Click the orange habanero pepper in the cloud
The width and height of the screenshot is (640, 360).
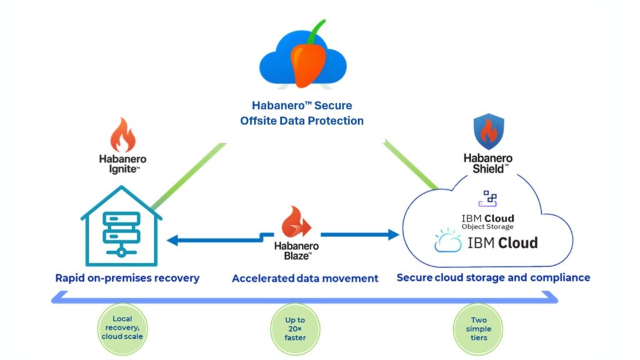click(x=307, y=61)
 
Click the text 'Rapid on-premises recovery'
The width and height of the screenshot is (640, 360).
click(x=127, y=277)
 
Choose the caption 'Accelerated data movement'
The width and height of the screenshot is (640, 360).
click(x=305, y=278)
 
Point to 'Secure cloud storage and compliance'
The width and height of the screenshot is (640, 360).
click(x=494, y=277)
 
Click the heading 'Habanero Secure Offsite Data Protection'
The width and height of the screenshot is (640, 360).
click(x=302, y=113)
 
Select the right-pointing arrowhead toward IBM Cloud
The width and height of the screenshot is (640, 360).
click(x=392, y=235)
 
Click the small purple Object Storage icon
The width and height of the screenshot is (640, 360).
click(x=488, y=199)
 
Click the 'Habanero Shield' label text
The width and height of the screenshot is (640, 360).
click(x=488, y=163)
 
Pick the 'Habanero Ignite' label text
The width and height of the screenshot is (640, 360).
click(x=122, y=164)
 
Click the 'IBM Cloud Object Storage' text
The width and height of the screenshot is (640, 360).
click(x=487, y=221)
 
